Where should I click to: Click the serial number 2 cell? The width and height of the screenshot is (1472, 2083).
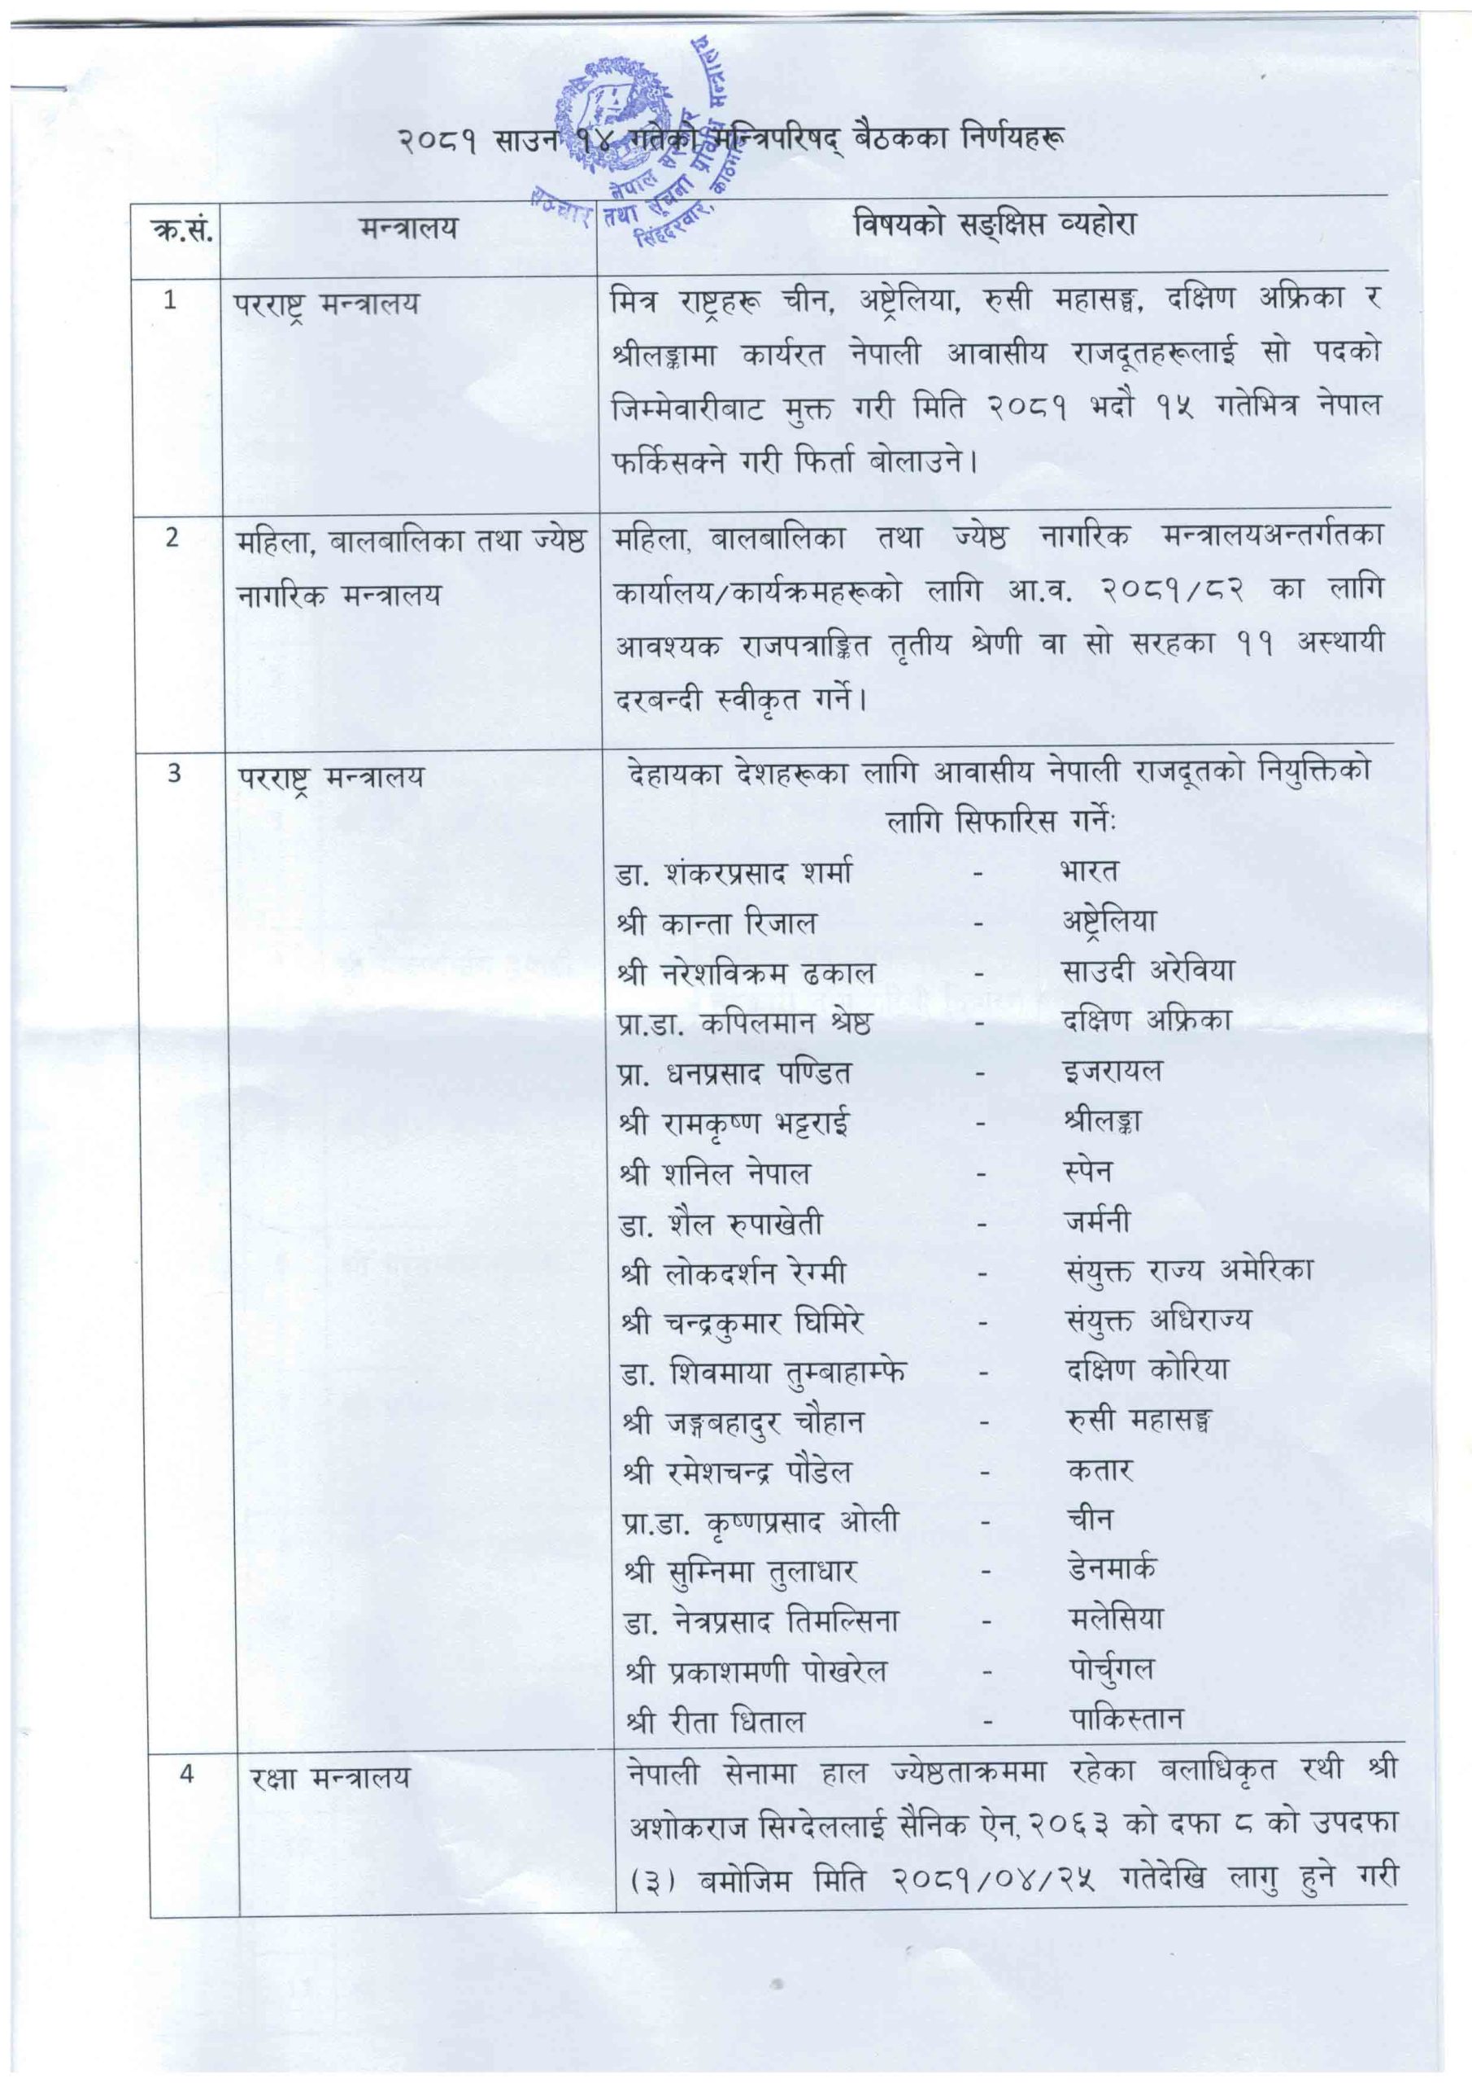(x=172, y=538)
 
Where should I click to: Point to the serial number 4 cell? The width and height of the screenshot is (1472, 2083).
(x=186, y=1774)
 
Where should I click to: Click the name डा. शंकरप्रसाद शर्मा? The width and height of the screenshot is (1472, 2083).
(x=734, y=874)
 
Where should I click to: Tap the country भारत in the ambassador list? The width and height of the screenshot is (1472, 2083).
(x=1088, y=871)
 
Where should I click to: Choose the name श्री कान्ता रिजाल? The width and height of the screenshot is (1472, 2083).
(x=716, y=924)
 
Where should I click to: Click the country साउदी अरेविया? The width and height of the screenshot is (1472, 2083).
(x=1148, y=971)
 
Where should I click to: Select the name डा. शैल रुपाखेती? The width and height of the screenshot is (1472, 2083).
(x=722, y=1224)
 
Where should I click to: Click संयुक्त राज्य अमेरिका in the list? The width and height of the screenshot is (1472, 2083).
(x=1189, y=1271)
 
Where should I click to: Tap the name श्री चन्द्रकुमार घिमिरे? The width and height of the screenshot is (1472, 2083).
(x=742, y=1324)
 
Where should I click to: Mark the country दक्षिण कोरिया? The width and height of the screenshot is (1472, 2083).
(x=1148, y=1370)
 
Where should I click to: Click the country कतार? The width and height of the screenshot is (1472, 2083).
(x=1100, y=1469)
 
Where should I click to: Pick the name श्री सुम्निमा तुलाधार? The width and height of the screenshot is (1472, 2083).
(x=740, y=1572)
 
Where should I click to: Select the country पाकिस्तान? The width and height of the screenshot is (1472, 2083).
(x=1126, y=1718)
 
